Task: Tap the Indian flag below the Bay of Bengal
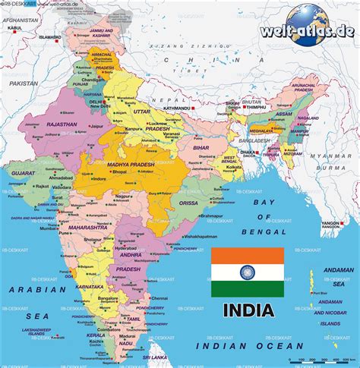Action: [247, 271]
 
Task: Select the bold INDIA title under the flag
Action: [248, 310]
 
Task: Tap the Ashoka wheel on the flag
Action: [247, 271]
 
